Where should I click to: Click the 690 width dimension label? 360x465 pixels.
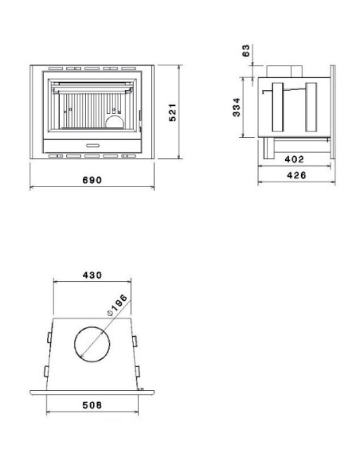coord(92,181)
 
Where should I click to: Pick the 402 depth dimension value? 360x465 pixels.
coord(294,159)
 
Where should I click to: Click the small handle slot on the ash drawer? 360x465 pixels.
coord(92,145)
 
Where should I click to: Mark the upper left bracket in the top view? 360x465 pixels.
coord(49,339)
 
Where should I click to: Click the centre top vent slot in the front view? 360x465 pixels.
coord(92,68)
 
